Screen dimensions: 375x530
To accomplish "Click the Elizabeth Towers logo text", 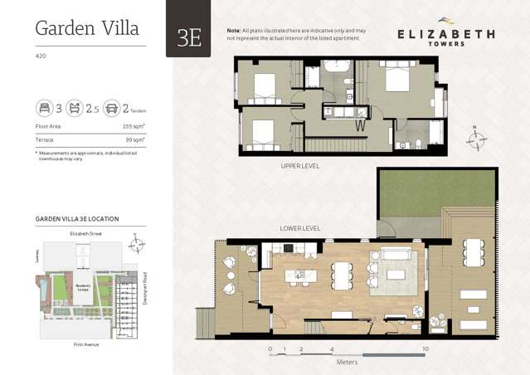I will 445,36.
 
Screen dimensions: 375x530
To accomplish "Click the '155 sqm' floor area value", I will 134,126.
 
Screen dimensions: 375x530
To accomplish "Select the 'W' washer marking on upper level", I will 361,126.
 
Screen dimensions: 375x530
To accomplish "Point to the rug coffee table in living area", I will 396,275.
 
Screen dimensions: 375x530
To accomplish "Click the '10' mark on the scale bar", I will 425,349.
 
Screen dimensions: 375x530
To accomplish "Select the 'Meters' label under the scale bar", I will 347,362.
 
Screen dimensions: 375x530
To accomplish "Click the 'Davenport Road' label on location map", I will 144,289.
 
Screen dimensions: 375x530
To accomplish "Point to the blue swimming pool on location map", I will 43,290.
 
